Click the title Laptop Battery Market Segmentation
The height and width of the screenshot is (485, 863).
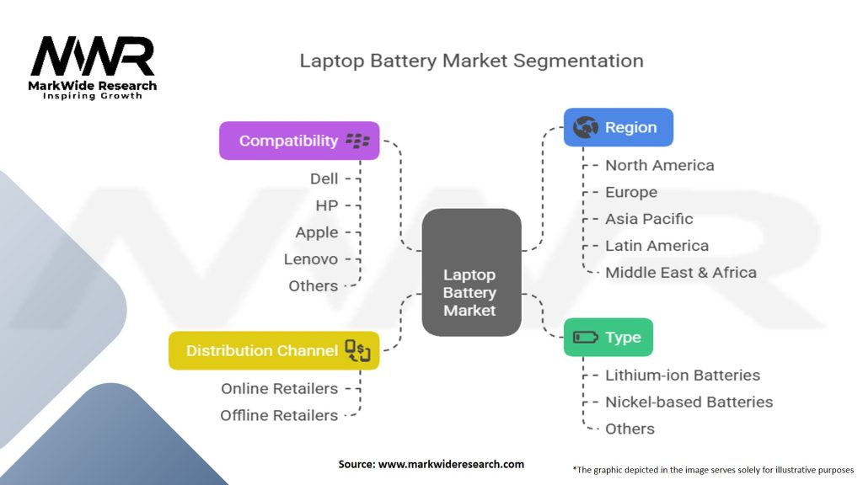[471, 61]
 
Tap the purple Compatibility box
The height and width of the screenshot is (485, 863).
[299, 141]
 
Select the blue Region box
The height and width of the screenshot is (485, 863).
[618, 127]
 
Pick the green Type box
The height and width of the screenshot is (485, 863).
[607, 338]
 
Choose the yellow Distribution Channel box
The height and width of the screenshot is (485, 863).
[274, 350]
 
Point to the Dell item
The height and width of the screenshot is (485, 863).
[324, 179]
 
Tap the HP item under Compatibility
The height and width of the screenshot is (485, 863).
[327, 205]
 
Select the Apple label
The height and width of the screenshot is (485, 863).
[317, 232]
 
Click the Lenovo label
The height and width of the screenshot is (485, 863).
[311, 259]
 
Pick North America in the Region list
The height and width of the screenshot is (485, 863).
[659, 165]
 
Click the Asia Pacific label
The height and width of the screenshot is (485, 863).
[649, 219]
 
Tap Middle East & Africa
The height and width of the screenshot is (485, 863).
[680, 273]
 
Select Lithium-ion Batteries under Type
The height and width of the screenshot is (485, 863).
[683, 376]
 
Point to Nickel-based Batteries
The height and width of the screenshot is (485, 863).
[689, 402]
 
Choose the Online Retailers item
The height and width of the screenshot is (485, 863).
[280, 389]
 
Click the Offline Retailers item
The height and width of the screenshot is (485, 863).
[279, 416]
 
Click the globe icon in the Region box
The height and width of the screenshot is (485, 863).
[585, 128]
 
